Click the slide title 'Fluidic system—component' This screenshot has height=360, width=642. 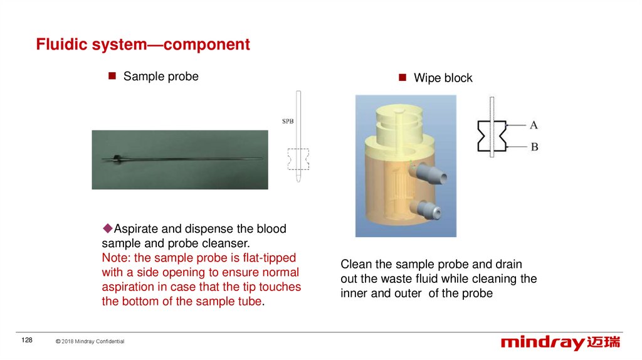pyautogui.click(x=143, y=45)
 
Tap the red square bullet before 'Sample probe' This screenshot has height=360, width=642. pyautogui.click(x=112, y=76)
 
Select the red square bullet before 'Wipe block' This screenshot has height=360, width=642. pyautogui.click(x=403, y=77)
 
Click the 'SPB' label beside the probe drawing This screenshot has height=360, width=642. pyautogui.click(x=288, y=121)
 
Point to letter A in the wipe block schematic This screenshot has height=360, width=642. pyautogui.click(x=533, y=125)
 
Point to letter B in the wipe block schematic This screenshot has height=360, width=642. pyautogui.click(x=534, y=147)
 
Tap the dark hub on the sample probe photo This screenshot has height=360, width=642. pyautogui.click(x=117, y=159)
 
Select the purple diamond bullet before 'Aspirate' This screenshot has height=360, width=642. pyautogui.click(x=108, y=228)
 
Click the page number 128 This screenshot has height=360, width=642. pyautogui.click(x=27, y=340)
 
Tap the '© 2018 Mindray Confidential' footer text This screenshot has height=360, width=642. pyautogui.click(x=90, y=341)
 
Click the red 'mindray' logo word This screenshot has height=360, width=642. pyautogui.click(x=542, y=342)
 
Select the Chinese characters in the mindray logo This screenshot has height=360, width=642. pyautogui.click(x=604, y=342)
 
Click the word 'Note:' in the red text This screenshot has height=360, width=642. pyautogui.click(x=116, y=258)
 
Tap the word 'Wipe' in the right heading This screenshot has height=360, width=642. pyautogui.click(x=427, y=78)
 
